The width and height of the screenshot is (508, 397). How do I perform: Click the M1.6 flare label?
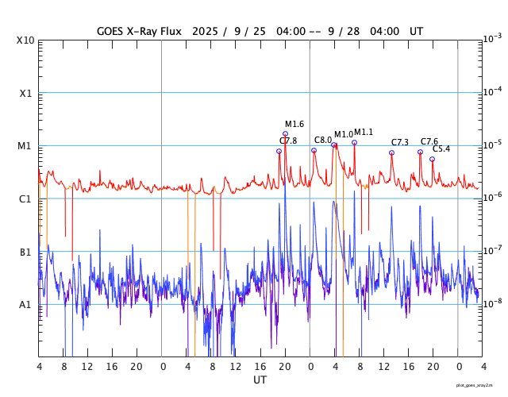294,124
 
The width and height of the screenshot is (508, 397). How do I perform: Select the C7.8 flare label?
288,141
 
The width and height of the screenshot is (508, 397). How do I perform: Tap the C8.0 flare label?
322,140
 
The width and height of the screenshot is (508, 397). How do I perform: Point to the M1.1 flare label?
364,132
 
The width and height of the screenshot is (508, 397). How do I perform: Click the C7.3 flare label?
400,142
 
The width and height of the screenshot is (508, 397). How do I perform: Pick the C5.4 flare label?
441,148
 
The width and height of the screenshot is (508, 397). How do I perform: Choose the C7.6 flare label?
429,141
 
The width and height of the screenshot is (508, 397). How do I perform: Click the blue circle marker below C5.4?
432,159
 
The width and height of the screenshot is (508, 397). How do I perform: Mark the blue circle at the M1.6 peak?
285,134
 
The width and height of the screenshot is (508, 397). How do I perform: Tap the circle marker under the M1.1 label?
354,142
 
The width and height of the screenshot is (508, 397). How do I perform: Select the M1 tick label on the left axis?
25,146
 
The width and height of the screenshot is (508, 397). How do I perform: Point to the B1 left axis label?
25,252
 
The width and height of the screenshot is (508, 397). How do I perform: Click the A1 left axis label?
25,304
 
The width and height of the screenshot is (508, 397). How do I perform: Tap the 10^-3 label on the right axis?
492,38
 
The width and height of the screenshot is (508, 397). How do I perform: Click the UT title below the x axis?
260,380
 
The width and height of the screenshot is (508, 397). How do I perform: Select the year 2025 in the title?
206,31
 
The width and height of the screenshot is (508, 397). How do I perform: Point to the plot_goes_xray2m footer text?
480,385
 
